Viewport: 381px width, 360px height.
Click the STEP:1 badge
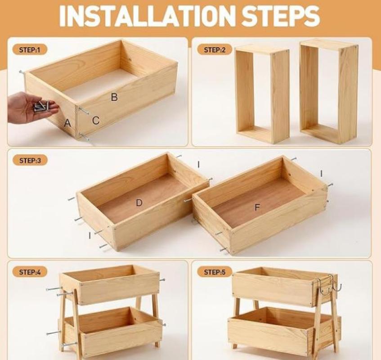29,50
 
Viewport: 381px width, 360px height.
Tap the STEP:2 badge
215,50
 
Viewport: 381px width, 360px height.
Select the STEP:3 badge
30,161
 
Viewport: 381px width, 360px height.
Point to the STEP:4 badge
30,272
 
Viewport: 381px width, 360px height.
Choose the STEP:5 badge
215,272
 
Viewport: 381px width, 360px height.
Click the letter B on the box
114,97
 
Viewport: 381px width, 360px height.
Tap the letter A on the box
67,123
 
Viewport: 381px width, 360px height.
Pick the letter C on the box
96,120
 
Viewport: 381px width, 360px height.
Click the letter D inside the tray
139,202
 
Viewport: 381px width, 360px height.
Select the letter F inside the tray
257,207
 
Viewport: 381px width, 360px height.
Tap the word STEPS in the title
281,16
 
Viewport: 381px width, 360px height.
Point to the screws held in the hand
41,107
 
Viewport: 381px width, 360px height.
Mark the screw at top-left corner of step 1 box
22,72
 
